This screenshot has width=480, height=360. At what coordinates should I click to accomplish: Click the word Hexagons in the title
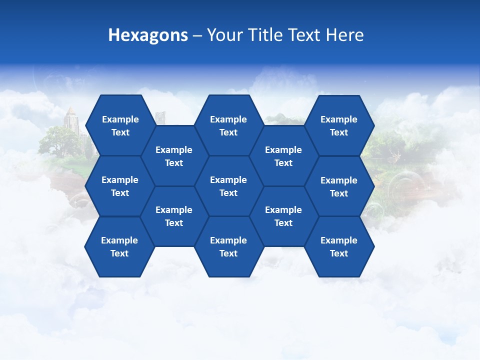tap(148, 35)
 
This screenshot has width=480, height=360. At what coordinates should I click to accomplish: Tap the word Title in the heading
tap(279, 35)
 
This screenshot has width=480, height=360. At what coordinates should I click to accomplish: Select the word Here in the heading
tap(344, 35)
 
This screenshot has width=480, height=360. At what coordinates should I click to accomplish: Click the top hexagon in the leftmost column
tap(120, 125)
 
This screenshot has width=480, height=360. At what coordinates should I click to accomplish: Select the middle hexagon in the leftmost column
tap(120, 186)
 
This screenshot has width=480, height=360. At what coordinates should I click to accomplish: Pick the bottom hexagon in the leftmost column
tap(119, 246)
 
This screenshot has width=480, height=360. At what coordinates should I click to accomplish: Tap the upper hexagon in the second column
tap(174, 156)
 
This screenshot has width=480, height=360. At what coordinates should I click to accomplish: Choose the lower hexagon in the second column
tap(174, 216)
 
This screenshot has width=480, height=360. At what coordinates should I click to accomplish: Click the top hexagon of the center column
tap(228, 125)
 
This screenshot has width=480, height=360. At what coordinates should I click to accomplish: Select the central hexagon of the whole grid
tap(228, 186)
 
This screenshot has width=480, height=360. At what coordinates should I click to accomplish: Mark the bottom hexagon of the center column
tap(228, 246)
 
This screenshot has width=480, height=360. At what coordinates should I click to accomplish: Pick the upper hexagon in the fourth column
tap(283, 156)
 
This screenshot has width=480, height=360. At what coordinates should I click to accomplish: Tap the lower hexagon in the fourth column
tap(283, 216)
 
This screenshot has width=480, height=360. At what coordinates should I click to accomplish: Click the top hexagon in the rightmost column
tap(339, 125)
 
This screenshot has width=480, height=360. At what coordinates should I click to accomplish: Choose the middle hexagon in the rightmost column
tap(339, 186)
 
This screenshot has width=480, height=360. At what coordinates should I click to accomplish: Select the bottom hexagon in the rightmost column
tap(339, 246)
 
